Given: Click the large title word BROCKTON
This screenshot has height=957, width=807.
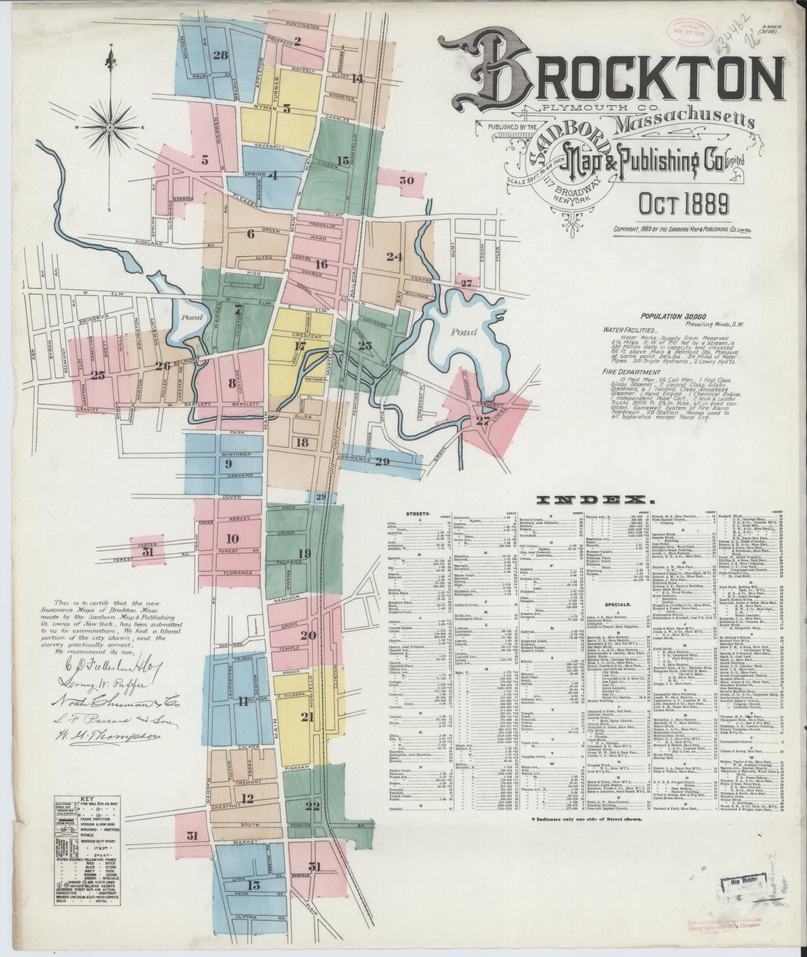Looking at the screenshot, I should tap(608, 75).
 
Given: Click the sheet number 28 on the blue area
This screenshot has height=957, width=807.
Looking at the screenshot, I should tap(220, 55).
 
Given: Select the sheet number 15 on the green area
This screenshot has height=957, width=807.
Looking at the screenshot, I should tap(343, 161).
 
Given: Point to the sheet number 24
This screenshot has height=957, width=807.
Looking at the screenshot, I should tap(394, 257).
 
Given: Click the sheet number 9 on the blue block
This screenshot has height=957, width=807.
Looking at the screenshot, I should tap(228, 464).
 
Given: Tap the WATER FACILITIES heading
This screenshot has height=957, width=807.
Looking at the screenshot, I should tap(629, 330).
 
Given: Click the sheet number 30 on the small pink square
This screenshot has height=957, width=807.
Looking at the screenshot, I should tap(407, 181).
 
